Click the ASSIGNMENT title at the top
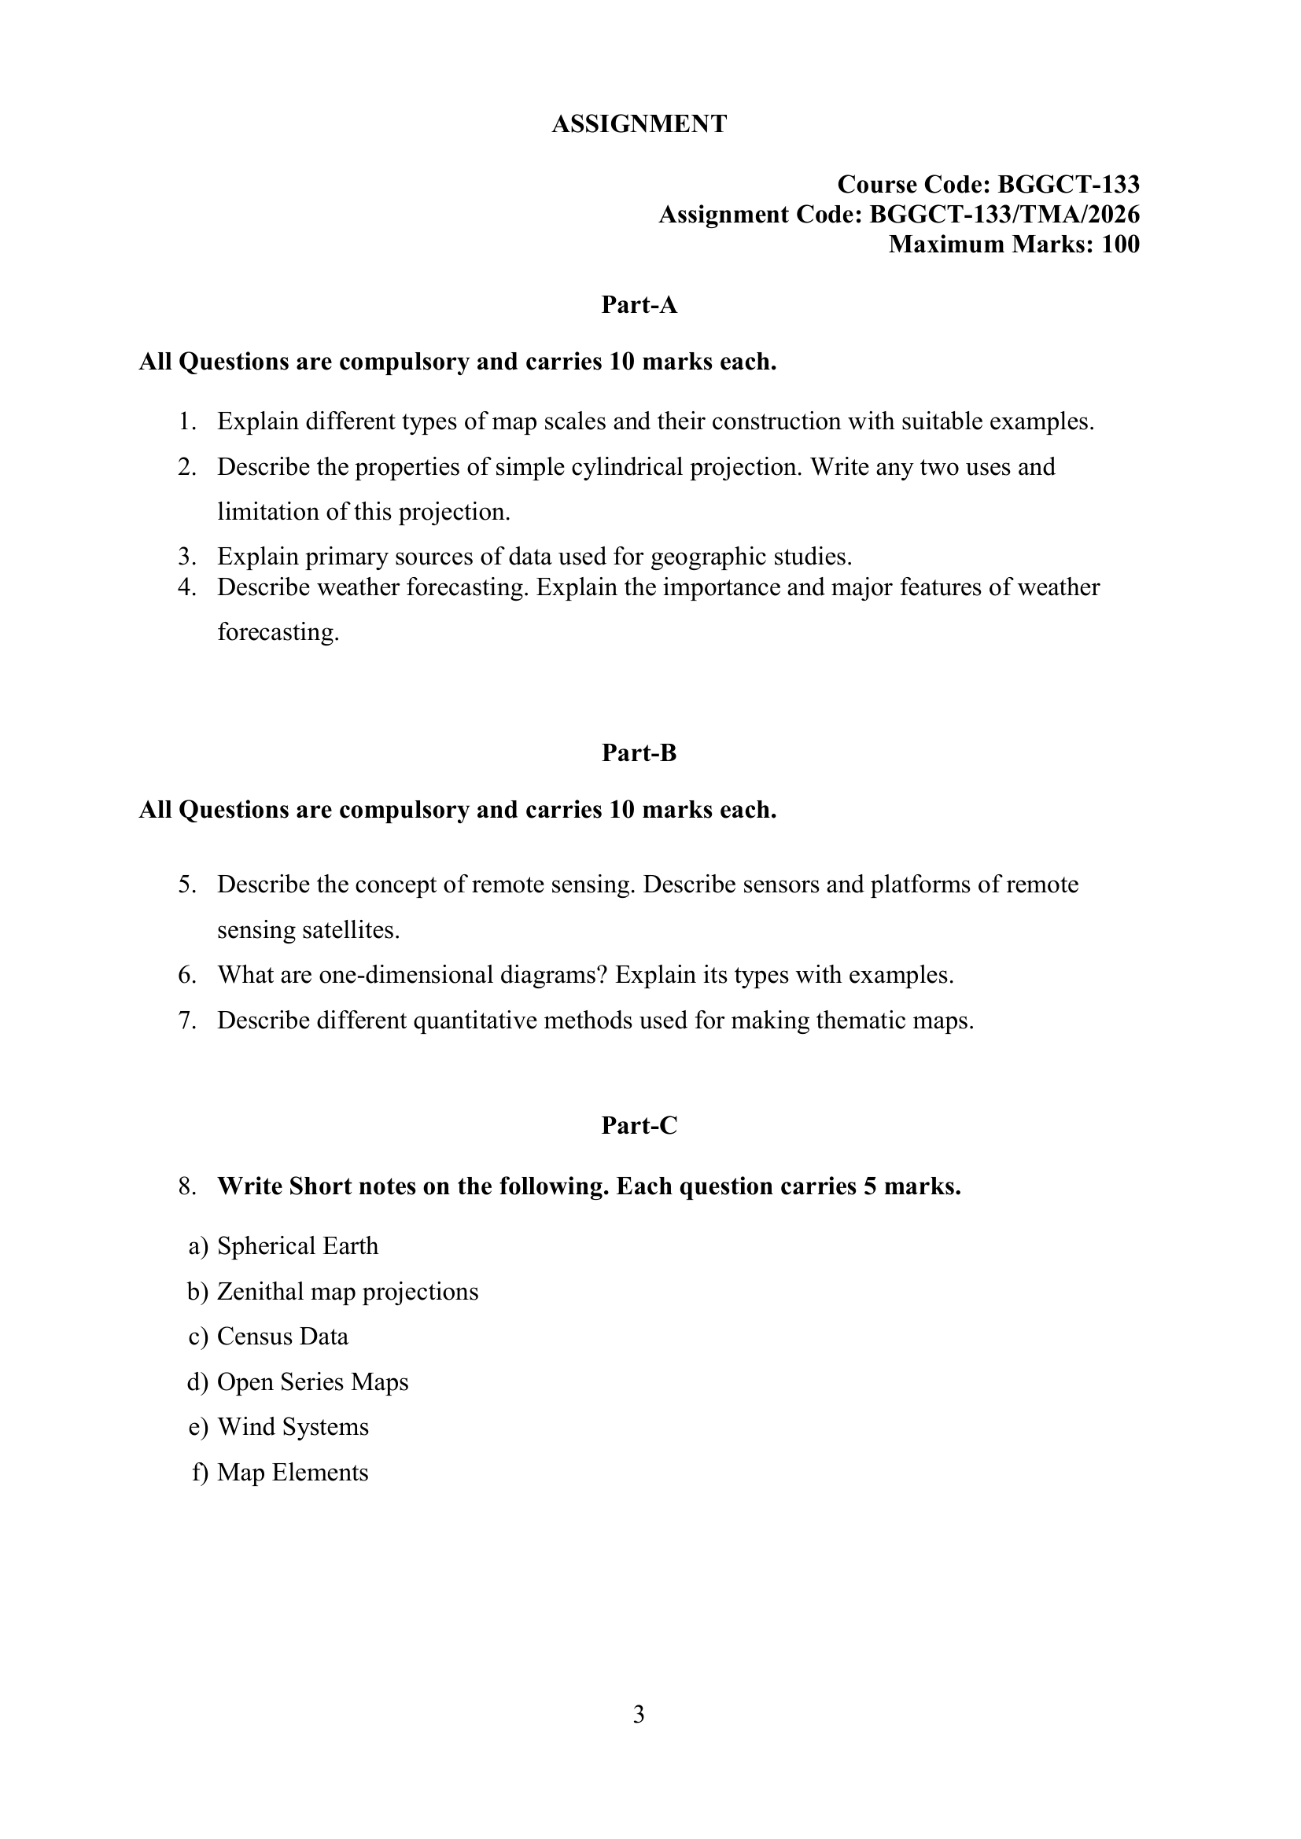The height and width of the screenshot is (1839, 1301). click(639, 124)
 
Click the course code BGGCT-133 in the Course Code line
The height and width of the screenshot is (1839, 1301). click(1068, 185)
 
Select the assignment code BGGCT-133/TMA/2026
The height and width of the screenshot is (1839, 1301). click(1004, 215)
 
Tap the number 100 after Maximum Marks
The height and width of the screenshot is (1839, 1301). click(1120, 245)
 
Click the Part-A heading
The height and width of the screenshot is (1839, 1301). click(639, 305)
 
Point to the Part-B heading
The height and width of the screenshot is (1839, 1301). click(639, 753)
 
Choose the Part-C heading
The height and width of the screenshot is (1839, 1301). click(639, 1125)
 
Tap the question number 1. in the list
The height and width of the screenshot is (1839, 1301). click(187, 421)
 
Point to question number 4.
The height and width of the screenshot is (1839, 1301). click(187, 587)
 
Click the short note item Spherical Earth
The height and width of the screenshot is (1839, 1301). click(297, 1246)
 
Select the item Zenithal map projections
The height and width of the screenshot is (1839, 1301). click(348, 1291)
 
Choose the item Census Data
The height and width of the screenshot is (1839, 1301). click(283, 1337)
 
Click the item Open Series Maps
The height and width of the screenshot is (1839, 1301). click(312, 1381)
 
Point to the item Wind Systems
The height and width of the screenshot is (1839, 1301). click(293, 1427)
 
